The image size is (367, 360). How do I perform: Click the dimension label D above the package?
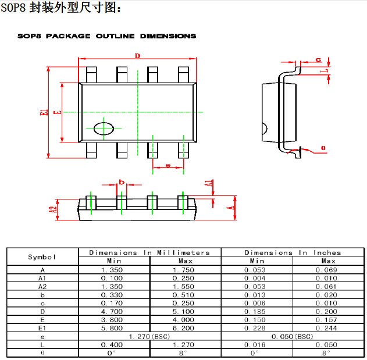137,56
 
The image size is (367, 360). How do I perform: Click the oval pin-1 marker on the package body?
104,129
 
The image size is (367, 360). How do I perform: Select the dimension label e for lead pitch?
168,165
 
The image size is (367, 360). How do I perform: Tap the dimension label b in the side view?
122,182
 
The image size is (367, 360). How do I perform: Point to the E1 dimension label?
44,112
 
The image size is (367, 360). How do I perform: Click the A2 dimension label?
54,209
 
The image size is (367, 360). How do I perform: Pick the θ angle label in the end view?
323,148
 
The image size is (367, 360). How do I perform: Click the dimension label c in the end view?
319,60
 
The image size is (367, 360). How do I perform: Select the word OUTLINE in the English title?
115,36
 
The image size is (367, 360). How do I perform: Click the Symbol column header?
42,257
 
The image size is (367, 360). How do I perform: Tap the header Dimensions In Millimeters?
149,252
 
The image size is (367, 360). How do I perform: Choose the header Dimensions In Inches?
293,252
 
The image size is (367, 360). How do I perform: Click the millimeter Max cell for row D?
184,312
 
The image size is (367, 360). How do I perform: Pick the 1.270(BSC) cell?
149,337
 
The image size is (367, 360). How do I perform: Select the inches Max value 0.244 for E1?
326,328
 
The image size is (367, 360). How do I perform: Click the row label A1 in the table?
42,279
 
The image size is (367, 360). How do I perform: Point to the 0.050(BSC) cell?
293,337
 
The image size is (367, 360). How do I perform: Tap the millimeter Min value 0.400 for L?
112,345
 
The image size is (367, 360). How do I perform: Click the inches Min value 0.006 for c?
255,303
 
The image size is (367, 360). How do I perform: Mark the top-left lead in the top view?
91,74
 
